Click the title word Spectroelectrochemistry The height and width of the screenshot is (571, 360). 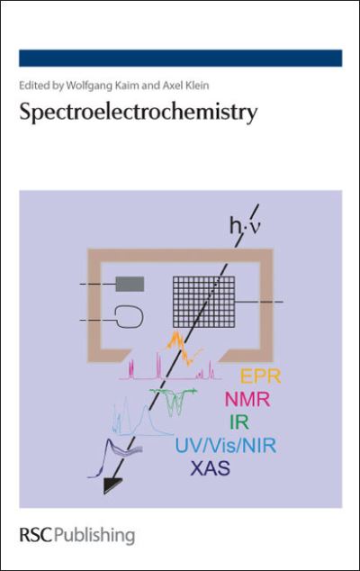(x=139, y=113)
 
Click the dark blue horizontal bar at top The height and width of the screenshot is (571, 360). (x=181, y=59)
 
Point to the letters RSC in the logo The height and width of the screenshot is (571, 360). (x=36, y=535)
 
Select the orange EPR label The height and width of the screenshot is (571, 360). (x=261, y=376)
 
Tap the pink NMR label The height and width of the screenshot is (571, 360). (x=247, y=399)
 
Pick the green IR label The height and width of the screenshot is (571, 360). (x=239, y=421)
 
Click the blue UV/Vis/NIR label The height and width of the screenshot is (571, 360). (x=226, y=445)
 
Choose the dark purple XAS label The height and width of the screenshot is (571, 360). (x=211, y=468)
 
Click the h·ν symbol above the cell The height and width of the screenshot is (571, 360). (x=245, y=226)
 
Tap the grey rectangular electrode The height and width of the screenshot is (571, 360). (x=130, y=284)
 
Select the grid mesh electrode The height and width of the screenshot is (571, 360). (x=203, y=302)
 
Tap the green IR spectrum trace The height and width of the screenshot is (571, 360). (x=175, y=401)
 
